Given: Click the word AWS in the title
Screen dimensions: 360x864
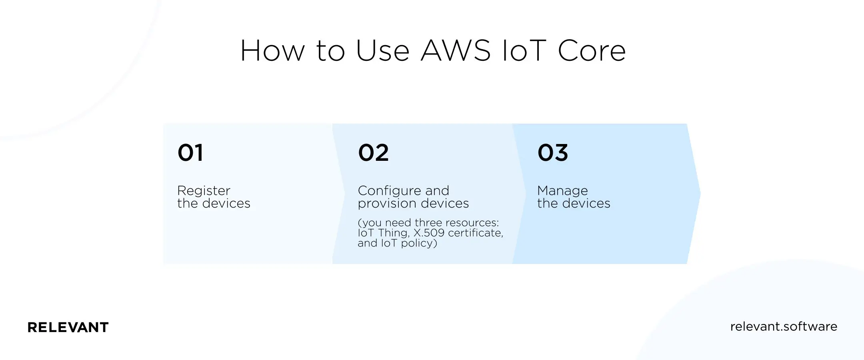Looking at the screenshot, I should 456,51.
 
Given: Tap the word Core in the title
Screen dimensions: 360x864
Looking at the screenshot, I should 592,51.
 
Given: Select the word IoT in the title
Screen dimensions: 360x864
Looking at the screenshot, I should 524,51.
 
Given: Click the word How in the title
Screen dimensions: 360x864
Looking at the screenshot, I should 272,51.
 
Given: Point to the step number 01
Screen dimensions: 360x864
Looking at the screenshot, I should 190,153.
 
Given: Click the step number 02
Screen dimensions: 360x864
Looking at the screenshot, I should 373,153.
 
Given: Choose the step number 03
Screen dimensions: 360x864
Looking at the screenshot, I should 553,153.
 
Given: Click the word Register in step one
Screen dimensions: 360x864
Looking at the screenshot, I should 204,191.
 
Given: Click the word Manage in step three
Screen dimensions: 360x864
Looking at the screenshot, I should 562,191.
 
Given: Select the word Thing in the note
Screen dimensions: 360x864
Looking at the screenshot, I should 394,233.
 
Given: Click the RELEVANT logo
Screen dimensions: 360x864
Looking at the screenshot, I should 68,327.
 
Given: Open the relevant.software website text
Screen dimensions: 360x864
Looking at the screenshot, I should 784,326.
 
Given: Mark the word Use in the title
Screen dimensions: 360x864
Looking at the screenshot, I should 382,51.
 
